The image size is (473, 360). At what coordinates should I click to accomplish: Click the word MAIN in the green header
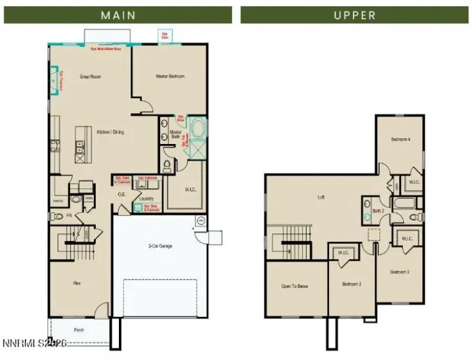118,15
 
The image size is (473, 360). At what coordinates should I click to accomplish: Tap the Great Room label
90,76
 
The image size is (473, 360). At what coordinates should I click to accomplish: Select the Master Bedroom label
170,76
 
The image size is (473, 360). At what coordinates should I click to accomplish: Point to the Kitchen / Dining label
110,132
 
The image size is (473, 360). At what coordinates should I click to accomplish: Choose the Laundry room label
147,199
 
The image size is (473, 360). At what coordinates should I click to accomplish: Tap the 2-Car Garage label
161,246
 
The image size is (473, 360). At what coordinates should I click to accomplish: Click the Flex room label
76,283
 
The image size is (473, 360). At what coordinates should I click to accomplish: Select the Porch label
78,329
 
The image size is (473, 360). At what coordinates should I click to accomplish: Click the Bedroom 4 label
400,139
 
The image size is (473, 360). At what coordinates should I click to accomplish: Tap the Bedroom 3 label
400,272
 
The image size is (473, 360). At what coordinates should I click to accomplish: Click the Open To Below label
295,286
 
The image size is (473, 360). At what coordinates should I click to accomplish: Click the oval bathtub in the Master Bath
197,127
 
